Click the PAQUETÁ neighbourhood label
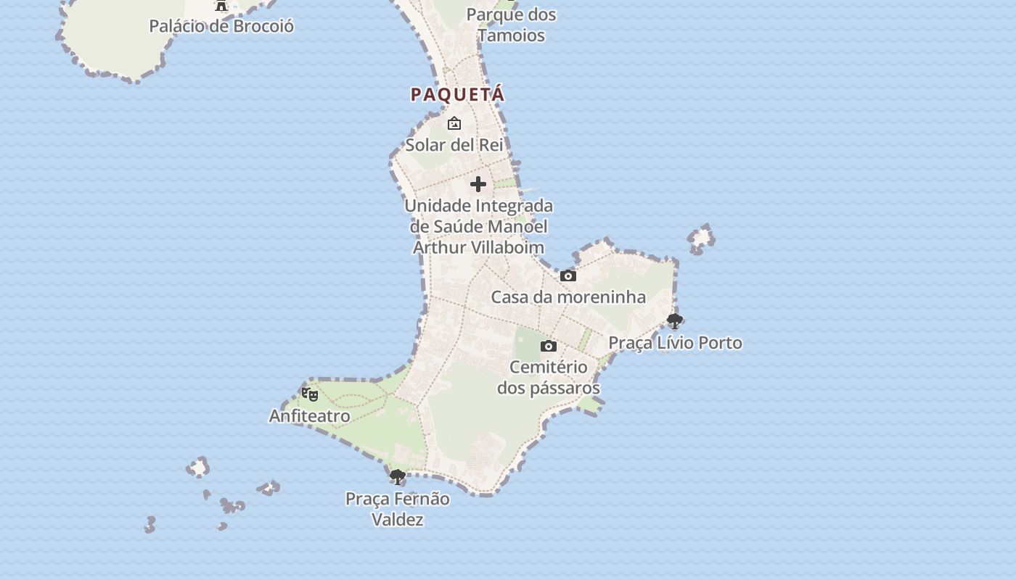tap(457, 94)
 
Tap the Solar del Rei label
tap(454, 144)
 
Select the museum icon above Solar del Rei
tap(454, 123)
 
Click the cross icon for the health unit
tap(478, 184)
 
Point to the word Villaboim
tap(508, 247)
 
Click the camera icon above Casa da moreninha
tap(568, 275)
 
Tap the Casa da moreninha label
tap(568, 297)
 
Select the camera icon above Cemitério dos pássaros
tap(549, 346)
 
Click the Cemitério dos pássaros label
tap(549, 377)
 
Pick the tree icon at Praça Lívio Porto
tap(675, 320)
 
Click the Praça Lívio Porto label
tap(675, 342)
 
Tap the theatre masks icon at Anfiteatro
tap(310, 394)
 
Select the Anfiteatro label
tap(310, 416)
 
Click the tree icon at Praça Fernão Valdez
tap(397, 477)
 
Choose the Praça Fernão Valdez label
tap(397, 509)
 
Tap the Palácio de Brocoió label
tap(221, 26)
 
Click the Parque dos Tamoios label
tap(511, 25)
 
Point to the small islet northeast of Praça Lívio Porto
tap(701, 239)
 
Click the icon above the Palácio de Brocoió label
tap(221, 6)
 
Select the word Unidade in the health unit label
tap(437, 206)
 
